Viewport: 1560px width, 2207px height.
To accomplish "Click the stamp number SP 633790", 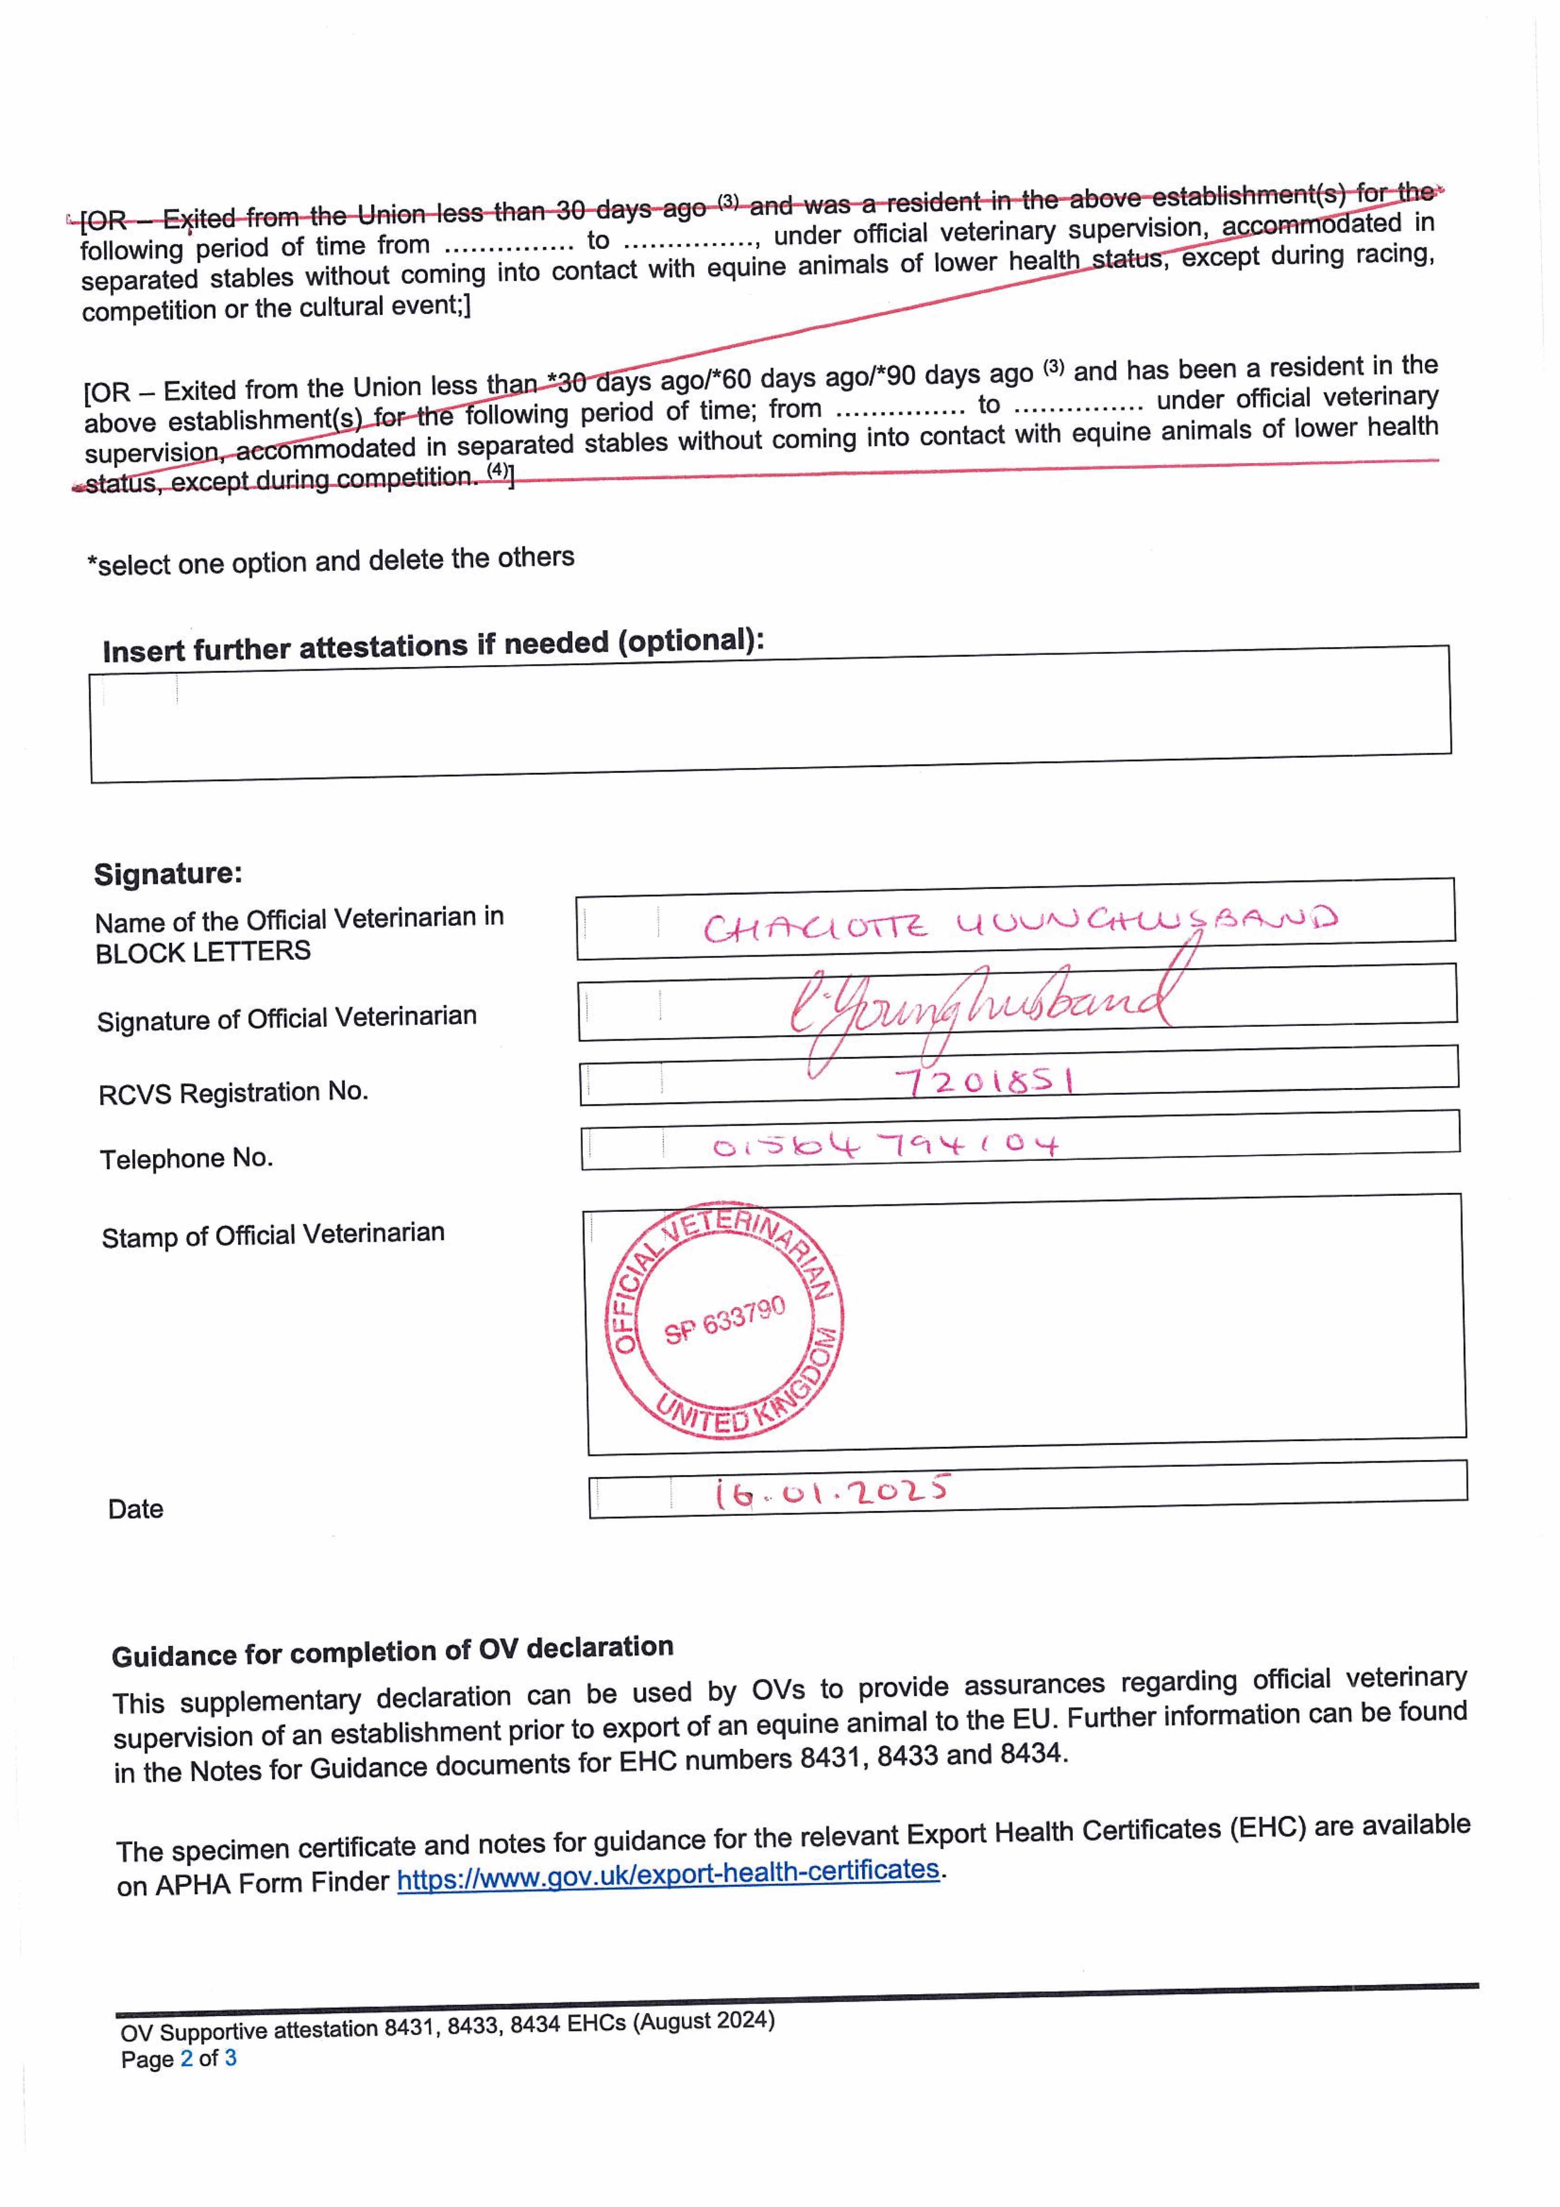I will pos(725,1319).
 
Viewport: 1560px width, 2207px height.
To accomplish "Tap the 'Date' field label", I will pos(136,1509).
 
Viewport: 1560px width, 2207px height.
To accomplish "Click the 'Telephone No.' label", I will pos(186,1158).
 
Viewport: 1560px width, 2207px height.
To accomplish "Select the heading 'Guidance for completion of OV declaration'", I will pos(392,1651).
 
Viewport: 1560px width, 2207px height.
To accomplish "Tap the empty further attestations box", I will pos(769,716).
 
